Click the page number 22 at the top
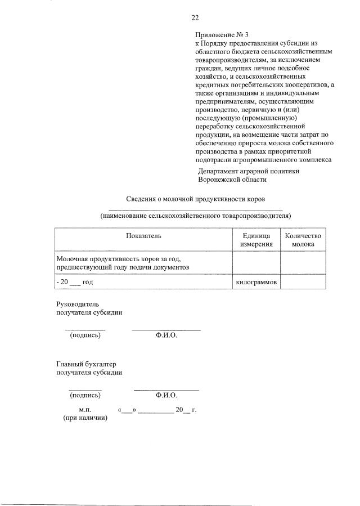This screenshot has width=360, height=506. coord(195,17)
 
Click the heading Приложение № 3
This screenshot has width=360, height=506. coord(215,34)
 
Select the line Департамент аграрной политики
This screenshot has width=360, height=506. coord(249,171)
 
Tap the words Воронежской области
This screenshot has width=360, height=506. coord(232,180)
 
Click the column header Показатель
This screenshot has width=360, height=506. coord(143,235)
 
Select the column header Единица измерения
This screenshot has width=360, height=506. coord(256,240)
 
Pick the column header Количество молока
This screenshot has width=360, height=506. coord(303,240)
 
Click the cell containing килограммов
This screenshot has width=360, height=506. coord(256,282)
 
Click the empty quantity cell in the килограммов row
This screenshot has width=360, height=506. coord(303,282)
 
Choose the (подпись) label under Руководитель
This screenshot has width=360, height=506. coord(85,335)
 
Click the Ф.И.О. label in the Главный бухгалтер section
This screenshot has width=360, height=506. coord(166,395)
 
